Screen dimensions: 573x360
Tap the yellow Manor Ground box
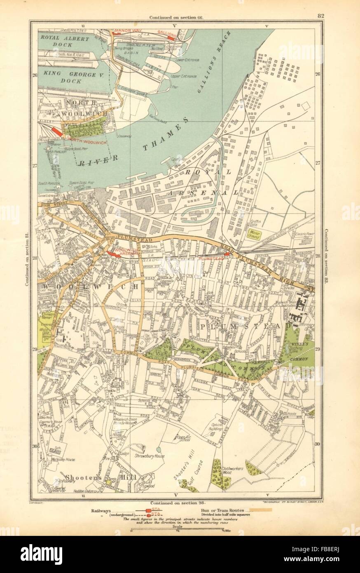255,235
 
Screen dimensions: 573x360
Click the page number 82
320,16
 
